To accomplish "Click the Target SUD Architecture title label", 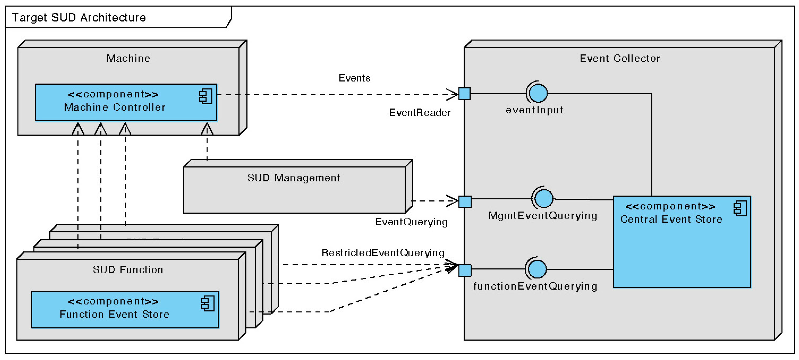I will click(79, 18).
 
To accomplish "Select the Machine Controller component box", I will click(126, 102).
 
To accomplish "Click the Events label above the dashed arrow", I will click(354, 78).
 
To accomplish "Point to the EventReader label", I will click(419, 113).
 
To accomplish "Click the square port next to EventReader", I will click(464, 94).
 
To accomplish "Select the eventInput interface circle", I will click(538, 93).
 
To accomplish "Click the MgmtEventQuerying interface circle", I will click(543, 198).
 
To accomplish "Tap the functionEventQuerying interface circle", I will click(537, 269).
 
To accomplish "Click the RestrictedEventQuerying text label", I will click(383, 253).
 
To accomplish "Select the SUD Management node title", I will click(293, 178).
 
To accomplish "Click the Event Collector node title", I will click(619, 58).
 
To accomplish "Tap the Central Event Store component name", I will click(671, 219).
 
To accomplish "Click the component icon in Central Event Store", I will click(740, 208).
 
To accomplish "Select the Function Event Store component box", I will click(125, 309).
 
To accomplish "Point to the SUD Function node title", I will click(128, 270).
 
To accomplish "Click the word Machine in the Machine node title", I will click(128, 58).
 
